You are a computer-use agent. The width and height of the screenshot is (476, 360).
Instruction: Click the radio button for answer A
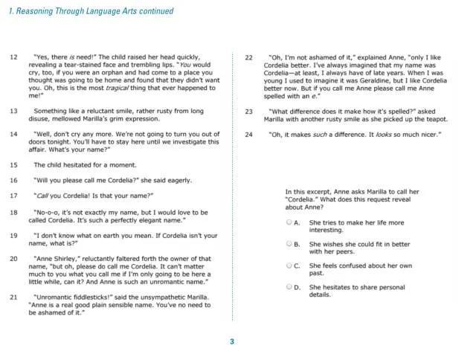tap(289, 222)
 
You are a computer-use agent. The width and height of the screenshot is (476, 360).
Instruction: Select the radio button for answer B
tap(289, 243)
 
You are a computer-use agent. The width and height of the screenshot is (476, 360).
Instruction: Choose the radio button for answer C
tap(289, 265)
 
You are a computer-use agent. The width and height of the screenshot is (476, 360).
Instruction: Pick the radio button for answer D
tap(289, 286)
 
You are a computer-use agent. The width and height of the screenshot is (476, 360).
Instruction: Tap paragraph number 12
tap(13, 57)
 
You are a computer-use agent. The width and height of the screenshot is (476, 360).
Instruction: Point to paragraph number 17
tap(13, 196)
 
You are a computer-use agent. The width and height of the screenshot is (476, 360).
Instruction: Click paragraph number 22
tap(249, 57)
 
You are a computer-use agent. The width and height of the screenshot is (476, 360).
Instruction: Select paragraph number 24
tap(249, 134)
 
